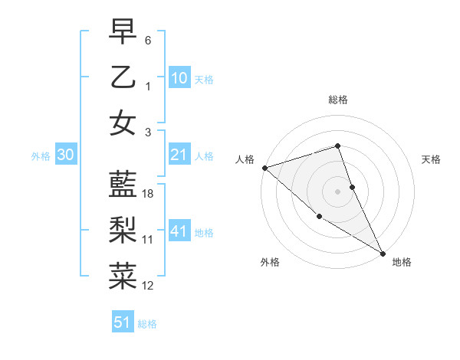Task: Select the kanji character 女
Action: point(123,123)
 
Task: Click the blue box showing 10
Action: point(179,77)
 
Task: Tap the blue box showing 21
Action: point(179,155)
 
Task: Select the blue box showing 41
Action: point(179,231)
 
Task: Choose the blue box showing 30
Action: point(66,155)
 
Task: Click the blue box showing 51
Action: point(123,322)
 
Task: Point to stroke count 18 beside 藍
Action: point(148,194)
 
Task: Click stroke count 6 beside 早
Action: point(148,40)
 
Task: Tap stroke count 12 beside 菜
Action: point(148,286)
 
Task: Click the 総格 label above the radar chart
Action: point(338,100)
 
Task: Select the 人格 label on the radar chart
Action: point(245,159)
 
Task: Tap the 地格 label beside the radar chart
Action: point(402,263)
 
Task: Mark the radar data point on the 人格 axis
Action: point(264,167)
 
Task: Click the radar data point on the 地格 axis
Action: point(383,253)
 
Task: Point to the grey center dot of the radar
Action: point(338,191)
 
